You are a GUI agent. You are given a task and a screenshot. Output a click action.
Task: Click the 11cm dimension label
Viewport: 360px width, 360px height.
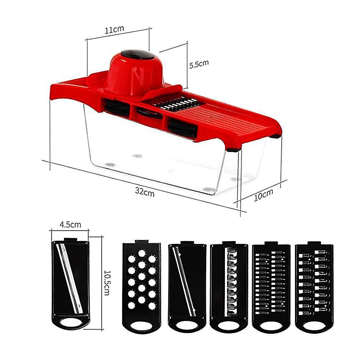[x=114, y=29]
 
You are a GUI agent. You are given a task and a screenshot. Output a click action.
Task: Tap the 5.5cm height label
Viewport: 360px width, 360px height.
[x=199, y=64]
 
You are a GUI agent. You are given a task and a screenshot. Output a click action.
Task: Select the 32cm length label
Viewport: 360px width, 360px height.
[x=145, y=192]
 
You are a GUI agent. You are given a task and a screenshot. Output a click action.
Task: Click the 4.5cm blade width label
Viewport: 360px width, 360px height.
[x=70, y=224]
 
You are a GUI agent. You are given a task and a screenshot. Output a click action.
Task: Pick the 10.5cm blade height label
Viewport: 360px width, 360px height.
[x=107, y=283]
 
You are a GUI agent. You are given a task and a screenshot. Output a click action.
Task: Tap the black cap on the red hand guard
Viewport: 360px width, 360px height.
[x=138, y=54]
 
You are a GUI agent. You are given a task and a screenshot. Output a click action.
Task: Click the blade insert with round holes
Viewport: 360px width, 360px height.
[x=142, y=287]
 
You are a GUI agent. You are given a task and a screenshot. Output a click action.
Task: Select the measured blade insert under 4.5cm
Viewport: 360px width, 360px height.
[x=70, y=284]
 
